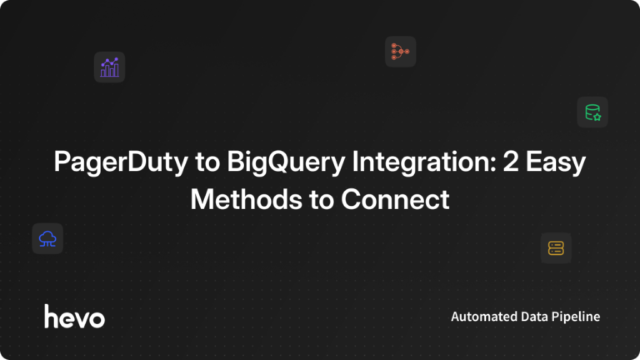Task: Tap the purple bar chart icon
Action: coord(109,67)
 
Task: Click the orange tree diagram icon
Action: coord(400,52)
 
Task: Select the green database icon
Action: coord(592,112)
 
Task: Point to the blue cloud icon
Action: coord(47,239)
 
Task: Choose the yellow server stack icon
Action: coord(556,247)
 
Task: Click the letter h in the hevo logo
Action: coord(52,315)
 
